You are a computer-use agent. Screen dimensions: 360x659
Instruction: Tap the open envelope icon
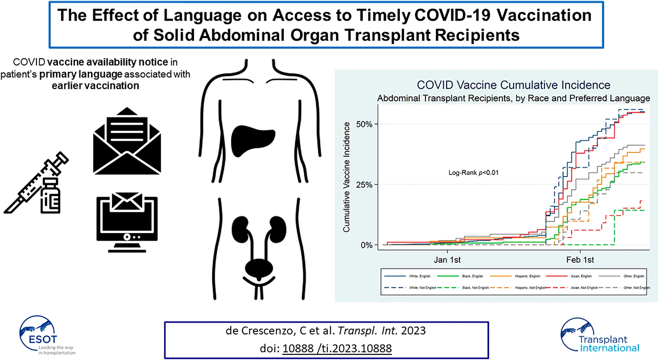(127, 141)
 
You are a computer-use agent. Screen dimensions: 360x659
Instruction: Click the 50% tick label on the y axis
(364, 124)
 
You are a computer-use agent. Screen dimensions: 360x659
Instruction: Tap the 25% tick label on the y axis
(364, 185)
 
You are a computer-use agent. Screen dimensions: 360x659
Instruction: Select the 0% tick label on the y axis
(366, 245)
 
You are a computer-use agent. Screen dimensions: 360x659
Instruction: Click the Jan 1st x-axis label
(447, 260)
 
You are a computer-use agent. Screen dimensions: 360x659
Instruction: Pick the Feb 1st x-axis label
(580, 260)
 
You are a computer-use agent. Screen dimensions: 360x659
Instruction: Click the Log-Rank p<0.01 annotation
(473, 173)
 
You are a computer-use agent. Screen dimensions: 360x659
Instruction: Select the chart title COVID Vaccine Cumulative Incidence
(513, 85)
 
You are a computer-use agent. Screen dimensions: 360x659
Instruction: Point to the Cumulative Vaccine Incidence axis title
(346, 177)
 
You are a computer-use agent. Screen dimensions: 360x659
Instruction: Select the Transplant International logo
(599, 335)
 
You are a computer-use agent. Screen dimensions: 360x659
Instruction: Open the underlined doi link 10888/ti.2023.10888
(337, 348)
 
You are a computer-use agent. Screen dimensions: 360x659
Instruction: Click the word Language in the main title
(202, 16)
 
